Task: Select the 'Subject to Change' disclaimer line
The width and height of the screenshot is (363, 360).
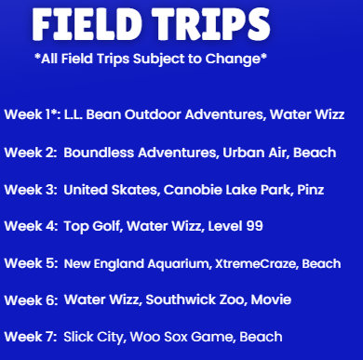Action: (x=150, y=60)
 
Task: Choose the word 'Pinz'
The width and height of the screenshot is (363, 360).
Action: (x=313, y=189)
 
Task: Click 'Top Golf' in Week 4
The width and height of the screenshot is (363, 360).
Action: (x=91, y=226)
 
